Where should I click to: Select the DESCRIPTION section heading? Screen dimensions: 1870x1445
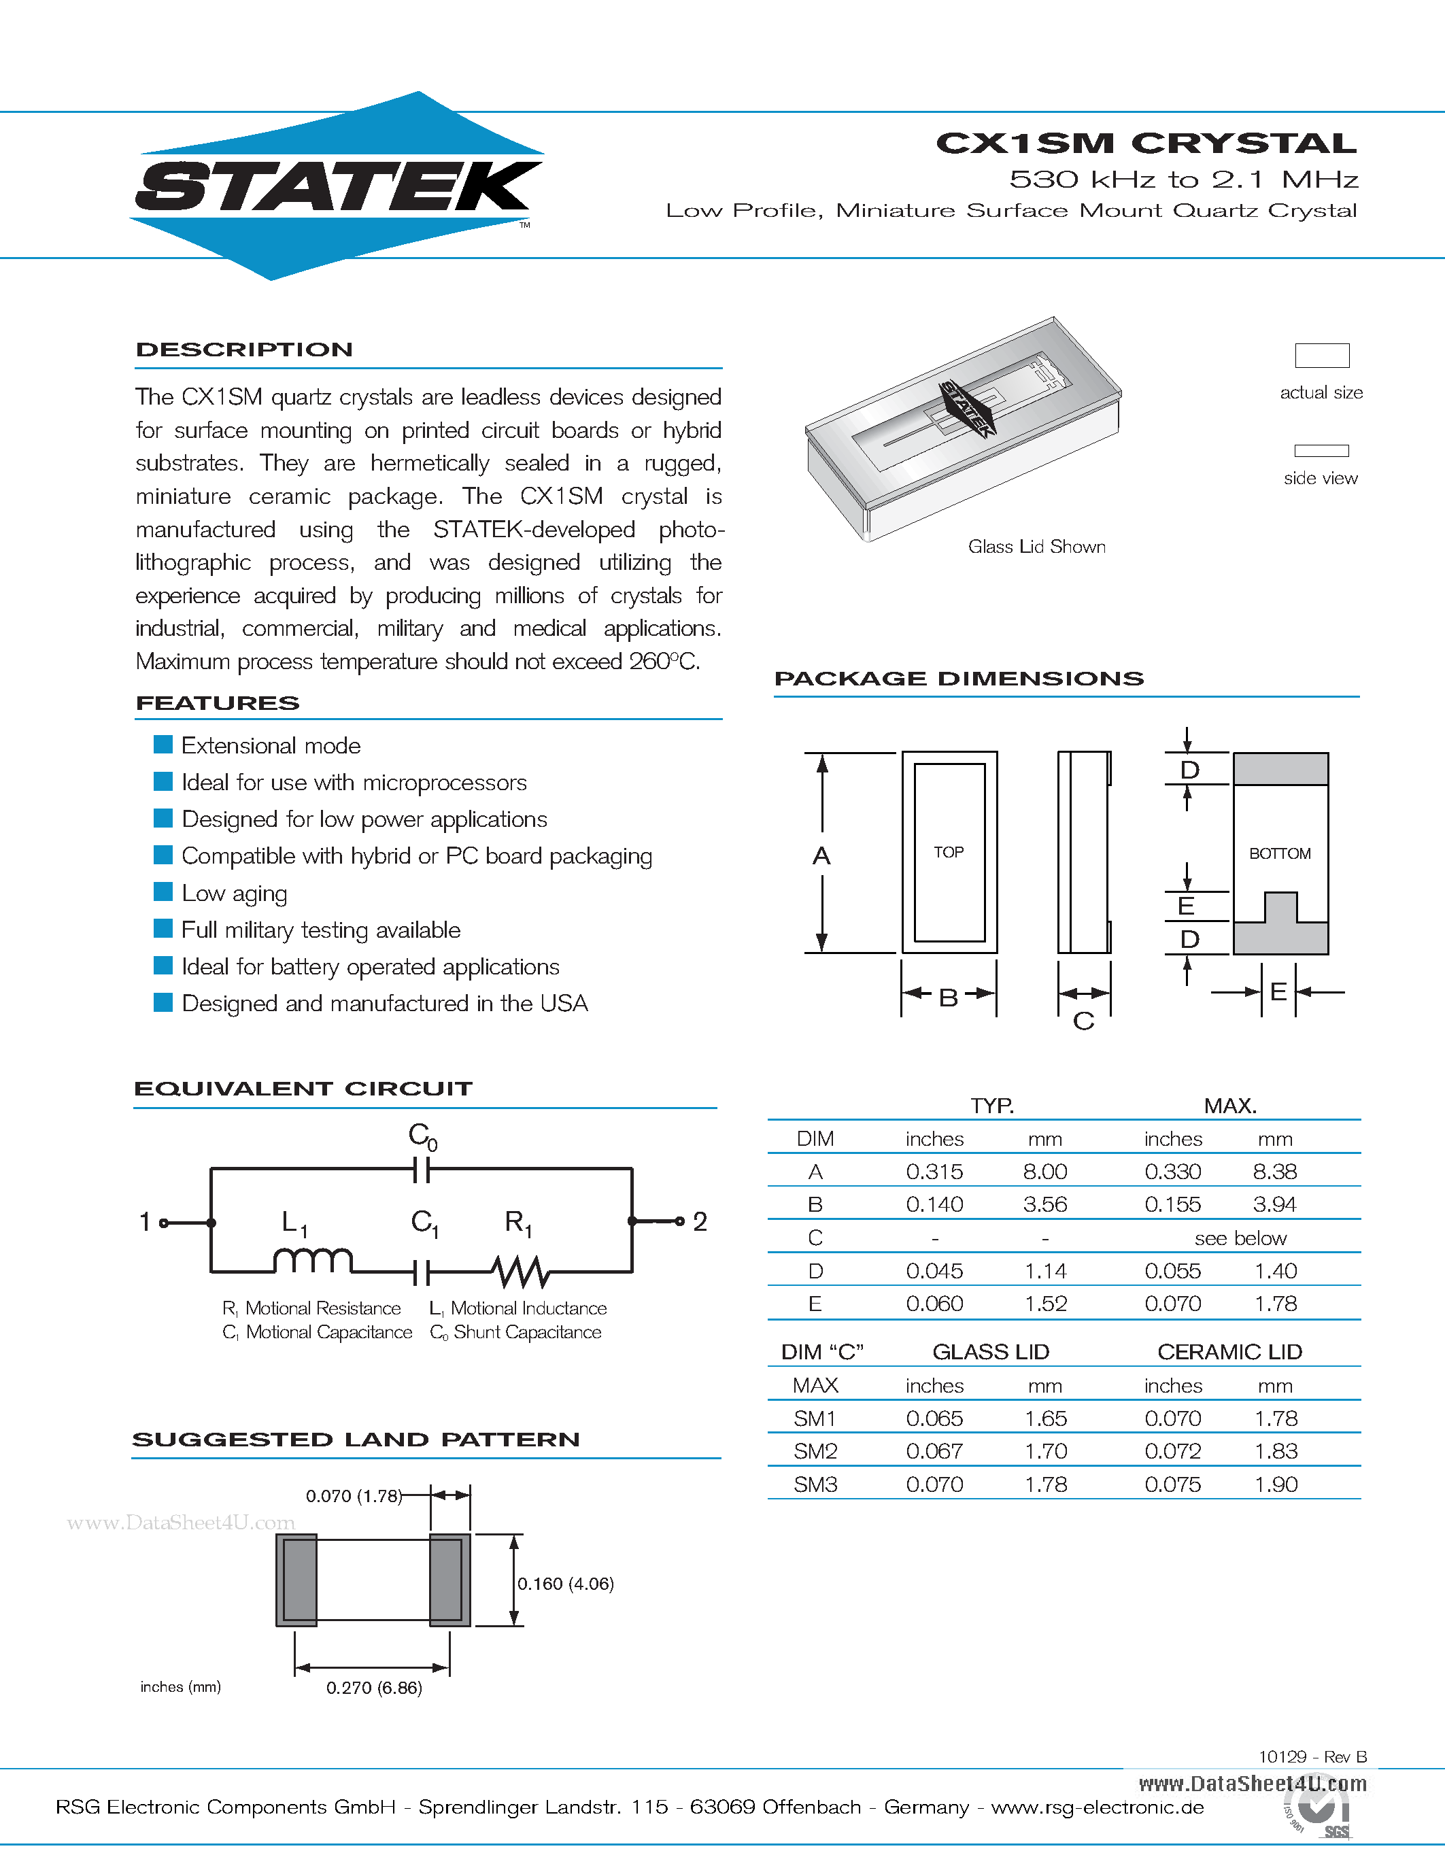(244, 350)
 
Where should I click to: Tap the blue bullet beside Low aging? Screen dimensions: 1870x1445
(163, 892)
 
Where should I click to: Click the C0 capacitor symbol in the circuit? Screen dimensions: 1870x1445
(421, 1169)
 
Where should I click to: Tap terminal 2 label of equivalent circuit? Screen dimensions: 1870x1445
(700, 1222)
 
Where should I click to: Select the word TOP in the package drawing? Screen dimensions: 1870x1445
(949, 852)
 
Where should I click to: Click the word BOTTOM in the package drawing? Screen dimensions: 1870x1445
(1280, 853)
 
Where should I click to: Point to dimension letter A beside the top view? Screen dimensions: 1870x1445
(821, 855)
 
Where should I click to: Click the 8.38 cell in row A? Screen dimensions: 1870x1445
(1274, 1172)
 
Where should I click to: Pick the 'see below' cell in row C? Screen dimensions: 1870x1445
(1240, 1238)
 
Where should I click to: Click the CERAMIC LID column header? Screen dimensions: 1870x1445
(1229, 1352)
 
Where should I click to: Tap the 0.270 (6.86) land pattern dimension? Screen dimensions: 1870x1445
(374, 1688)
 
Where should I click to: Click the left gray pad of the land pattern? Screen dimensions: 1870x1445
(297, 1580)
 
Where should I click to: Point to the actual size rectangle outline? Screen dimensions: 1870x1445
(1322, 356)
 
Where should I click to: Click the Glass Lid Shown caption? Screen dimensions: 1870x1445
(1037, 546)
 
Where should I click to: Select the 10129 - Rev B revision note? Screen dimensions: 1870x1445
(1312, 1757)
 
